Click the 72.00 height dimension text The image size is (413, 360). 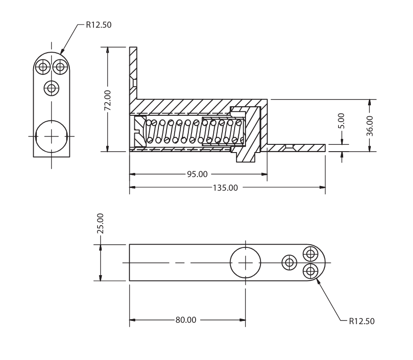(x=108, y=100)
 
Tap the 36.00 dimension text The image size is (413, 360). (x=370, y=125)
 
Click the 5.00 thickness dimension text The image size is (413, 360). (x=342, y=122)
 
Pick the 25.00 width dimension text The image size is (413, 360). (x=101, y=223)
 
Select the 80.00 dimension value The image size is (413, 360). (x=186, y=320)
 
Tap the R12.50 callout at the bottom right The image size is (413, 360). (x=362, y=321)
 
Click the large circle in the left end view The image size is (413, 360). (x=51, y=136)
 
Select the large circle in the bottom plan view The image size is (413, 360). (x=245, y=262)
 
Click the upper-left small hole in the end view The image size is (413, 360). (x=43, y=67)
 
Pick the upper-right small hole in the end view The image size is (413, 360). (x=59, y=67)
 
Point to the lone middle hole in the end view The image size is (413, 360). (x=51, y=87)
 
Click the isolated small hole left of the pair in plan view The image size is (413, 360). (x=289, y=262)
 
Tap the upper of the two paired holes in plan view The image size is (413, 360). (x=310, y=253)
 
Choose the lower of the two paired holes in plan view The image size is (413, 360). (x=310, y=271)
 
